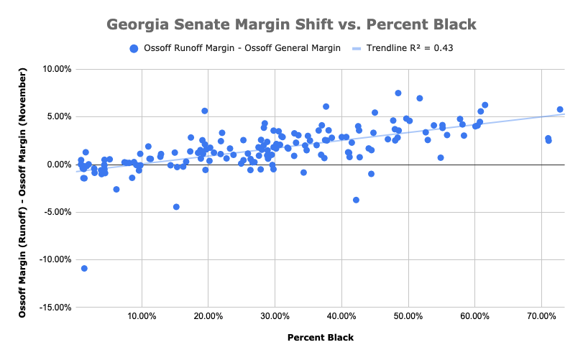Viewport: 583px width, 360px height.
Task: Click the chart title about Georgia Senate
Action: coord(291,24)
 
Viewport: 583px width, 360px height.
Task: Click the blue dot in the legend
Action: coord(134,49)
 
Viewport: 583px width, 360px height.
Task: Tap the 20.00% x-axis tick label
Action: coord(208,317)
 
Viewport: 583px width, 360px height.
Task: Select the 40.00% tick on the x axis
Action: coord(341,317)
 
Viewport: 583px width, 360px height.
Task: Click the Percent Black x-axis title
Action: coord(320,337)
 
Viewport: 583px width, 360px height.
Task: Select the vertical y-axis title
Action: coord(22,188)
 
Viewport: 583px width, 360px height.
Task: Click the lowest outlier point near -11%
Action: coord(84,268)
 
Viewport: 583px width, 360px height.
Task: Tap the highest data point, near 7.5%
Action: coord(398,93)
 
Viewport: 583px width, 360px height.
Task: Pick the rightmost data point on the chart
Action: coord(560,109)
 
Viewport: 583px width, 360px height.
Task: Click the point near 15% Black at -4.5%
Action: coord(176,207)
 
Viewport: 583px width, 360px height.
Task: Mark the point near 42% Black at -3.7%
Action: coord(356,200)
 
